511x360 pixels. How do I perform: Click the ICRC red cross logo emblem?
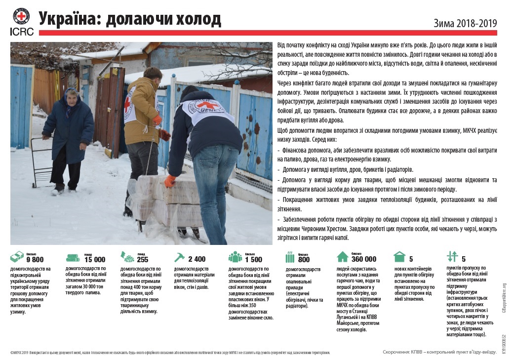(21, 16)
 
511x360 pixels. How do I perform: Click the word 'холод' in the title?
(196, 19)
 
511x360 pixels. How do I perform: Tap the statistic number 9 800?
(35, 260)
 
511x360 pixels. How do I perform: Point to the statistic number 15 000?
(95, 260)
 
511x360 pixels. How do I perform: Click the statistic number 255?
(143, 260)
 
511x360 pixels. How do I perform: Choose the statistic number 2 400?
(197, 259)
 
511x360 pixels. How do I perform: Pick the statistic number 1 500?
(253, 260)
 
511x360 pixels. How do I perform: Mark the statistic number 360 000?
(364, 259)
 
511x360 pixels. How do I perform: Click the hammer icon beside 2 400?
(179, 257)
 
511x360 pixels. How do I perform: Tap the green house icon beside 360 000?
(343, 257)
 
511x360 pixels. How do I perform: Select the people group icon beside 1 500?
(236, 257)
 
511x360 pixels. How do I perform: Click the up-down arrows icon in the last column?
(452, 257)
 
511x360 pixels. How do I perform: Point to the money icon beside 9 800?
(17, 257)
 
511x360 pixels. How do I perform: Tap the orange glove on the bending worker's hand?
(170, 181)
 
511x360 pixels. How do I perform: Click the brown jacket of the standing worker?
(141, 106)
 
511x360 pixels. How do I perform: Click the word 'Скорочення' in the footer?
(397, 352)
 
